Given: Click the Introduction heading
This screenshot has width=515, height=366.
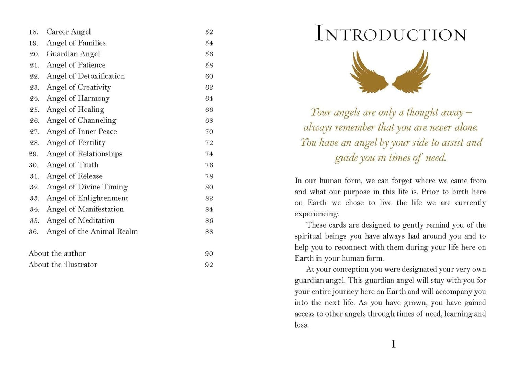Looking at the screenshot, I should (391, 34).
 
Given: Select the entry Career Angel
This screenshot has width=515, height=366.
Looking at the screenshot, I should (69, 32).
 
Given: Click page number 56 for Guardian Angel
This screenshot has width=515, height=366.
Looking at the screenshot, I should (209, 54).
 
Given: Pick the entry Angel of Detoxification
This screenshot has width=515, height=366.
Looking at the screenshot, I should (86, 76).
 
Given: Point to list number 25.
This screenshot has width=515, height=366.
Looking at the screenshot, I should (34, 110).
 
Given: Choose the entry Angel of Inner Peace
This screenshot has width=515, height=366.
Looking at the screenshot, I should (82, 132).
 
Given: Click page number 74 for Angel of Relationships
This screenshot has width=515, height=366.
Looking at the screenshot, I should (209, 154).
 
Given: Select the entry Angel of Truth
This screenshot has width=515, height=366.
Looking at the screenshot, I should (72, 165).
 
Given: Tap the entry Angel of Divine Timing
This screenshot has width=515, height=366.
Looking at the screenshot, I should (87, 187).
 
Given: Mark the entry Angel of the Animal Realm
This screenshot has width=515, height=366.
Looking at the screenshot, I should (92, 232).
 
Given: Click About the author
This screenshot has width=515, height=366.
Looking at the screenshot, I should (57, 254).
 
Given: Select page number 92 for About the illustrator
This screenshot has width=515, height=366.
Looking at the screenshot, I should (209, 265).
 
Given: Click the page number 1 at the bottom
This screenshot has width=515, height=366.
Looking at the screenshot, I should (393, 344).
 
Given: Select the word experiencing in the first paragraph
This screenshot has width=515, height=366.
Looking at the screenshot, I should (316, 214).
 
